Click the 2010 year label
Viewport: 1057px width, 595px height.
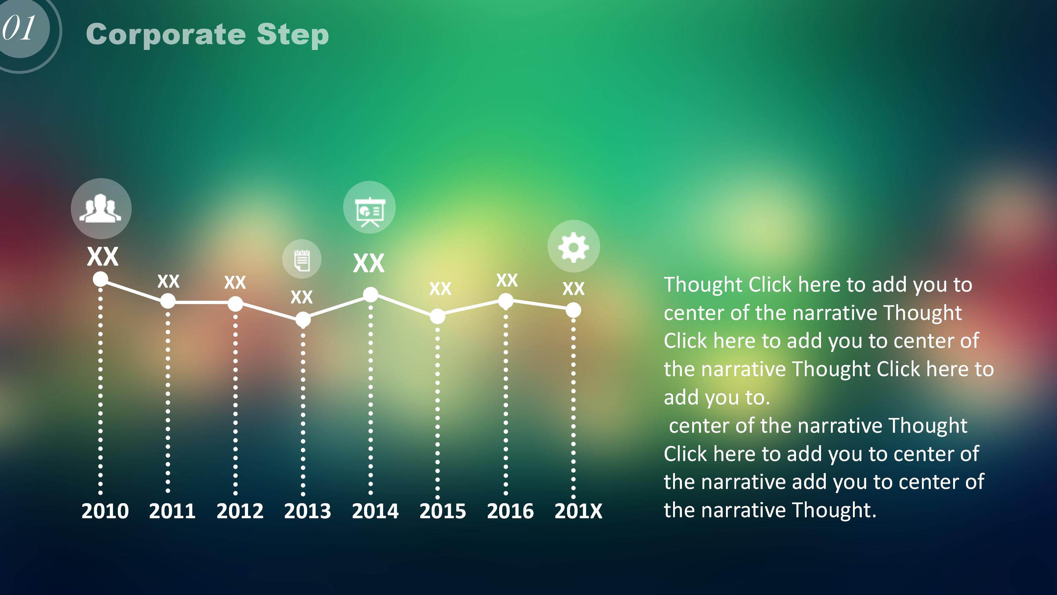click(x=105, y=511)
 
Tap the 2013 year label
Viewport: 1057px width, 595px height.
click(x=307, y=511)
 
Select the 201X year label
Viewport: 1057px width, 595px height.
click(x=578, y=511)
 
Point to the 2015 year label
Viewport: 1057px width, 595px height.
click(x=443, y=511)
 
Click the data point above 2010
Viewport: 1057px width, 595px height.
click(x=101, y=279)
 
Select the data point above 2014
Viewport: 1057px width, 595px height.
click(x=371, y=295)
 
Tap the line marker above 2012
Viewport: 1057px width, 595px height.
click(x=235, y=304)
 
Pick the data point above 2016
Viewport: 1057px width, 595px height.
click(x=505, y=302)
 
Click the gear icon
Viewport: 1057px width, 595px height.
click(x=574, y=246)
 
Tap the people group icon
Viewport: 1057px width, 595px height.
click(x=101, y=208)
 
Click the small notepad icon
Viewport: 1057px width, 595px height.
click(x=302, y=260)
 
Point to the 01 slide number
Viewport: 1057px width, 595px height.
click(x=19, y=28)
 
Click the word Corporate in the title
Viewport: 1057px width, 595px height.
click(x=166, y=35)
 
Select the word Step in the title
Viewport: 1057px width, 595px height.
click(x=293, y=35)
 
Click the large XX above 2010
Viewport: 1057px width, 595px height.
click(x=103, y=257)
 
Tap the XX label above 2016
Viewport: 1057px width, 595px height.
click(x=507, y=281)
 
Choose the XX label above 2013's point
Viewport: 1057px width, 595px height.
click(x=302, y=297)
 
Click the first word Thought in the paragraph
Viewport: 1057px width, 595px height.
click(x=703, y=285)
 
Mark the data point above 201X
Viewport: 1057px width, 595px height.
click(x=573, y=310)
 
